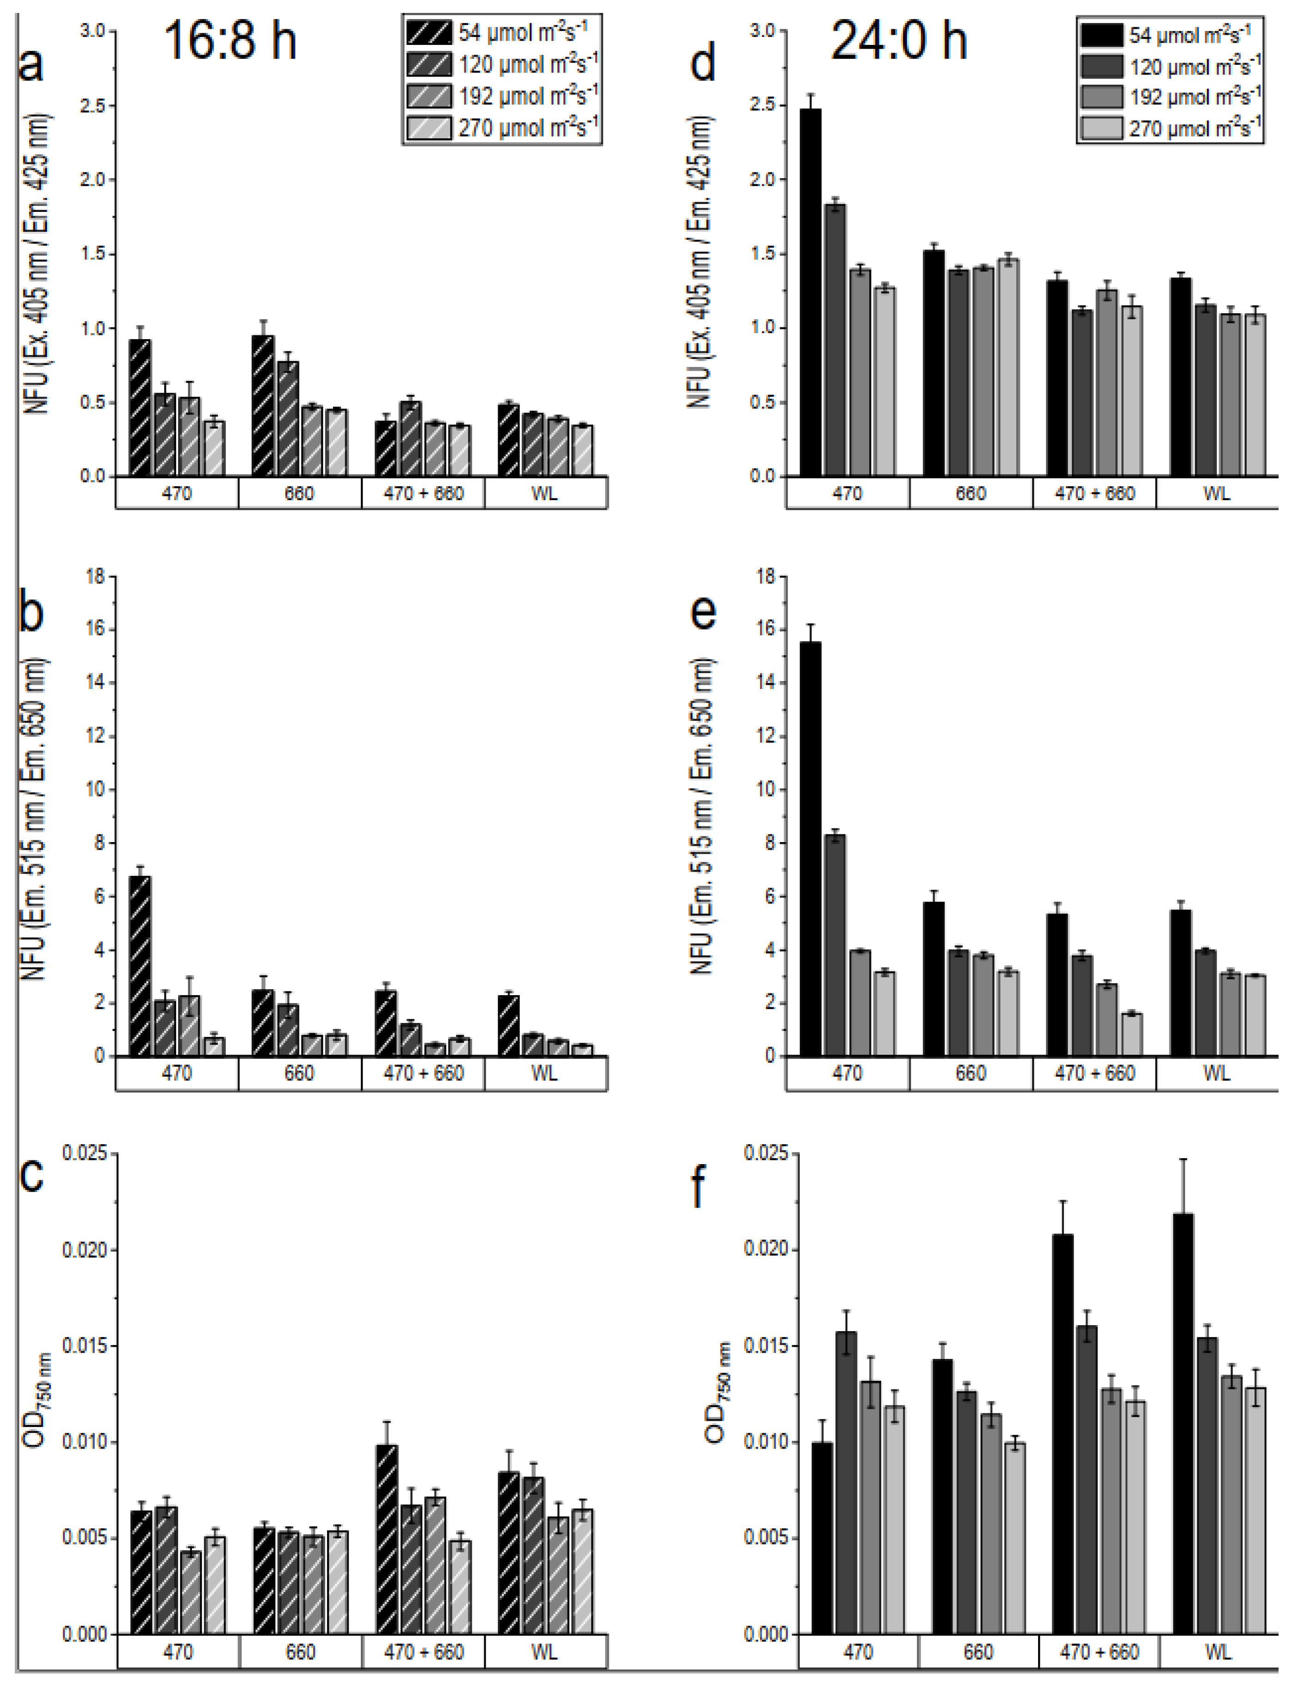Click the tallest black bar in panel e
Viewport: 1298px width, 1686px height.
pyautogui.click(x=810, y=849)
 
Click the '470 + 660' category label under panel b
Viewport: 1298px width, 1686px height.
pyautogui.click(x=424, y=1074)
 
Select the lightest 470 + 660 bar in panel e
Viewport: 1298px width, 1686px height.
pyautogui.click(x=1132, y=1035)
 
